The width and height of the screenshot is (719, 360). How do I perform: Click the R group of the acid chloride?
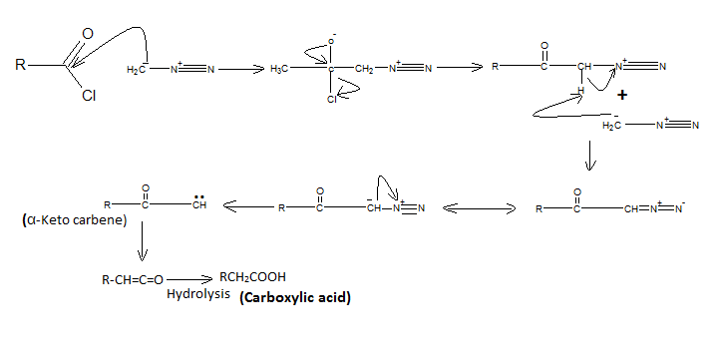pos(20,64)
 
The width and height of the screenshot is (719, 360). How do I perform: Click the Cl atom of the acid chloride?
pos(89,96)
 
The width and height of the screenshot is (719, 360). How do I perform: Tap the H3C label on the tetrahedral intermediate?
pos(279,69)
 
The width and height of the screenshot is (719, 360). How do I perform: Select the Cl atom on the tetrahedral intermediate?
pos(332,99)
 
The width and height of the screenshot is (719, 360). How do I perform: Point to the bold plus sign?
pos(622,95)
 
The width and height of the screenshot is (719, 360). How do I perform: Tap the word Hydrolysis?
pos(198,294)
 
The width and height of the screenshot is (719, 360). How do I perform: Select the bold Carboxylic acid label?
pos(295,297)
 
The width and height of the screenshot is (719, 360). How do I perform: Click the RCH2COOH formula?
pos(252,277)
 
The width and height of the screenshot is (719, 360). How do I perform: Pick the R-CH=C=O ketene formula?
pos(133,280)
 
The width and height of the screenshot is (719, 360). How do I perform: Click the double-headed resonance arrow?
pos(480,209)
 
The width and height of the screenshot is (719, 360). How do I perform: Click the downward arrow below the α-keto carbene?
pos(143,241)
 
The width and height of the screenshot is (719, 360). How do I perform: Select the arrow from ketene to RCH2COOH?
pos(189,279)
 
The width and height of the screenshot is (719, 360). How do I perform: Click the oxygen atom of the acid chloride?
pos(88,34)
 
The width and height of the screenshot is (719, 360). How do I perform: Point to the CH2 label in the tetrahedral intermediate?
pos(364,69)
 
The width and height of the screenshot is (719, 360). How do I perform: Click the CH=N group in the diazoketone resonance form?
pos(640,209)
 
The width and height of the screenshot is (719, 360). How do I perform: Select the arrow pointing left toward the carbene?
pos(248,206)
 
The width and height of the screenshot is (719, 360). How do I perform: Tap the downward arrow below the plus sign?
pos(590,156)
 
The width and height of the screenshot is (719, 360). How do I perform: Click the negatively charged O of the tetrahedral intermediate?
pos(331,42)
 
